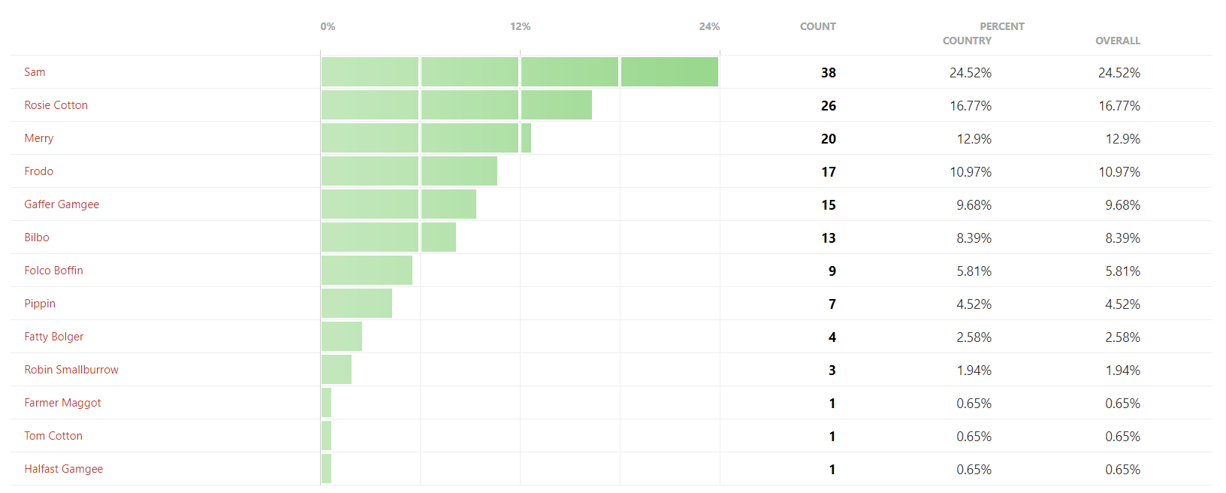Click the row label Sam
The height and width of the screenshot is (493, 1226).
coord(35,72)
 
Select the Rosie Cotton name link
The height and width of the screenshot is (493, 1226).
coord(56,105)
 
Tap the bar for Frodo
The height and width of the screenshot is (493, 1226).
coord(409,171)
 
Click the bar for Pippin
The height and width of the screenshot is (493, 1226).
coord(357,304)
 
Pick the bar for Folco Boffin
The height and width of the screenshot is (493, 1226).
coord(367,271)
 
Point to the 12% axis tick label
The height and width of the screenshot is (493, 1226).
coord(520,26)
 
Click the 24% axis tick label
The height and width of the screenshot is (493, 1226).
coord(709,26)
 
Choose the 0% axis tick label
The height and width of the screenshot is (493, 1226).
coord(328,26)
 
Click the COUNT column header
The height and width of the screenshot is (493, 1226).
coord(817,26)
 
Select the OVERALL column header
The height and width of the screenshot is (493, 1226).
coord(1117,41)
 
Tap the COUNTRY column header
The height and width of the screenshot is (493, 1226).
coord(967,41)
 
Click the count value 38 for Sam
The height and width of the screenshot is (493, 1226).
coord(828,73)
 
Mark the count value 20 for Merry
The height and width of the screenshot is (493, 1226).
coord(828,139)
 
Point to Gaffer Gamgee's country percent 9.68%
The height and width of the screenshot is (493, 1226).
coord(974,205)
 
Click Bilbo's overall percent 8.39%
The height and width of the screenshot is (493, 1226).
coord(1122,238)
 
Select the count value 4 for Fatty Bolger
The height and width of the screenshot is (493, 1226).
coord(832,337)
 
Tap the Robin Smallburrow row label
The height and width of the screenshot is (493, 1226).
coord(71,370)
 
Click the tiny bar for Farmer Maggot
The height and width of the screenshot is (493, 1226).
coord(326,403)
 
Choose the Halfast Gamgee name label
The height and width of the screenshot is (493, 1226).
coord(63,469)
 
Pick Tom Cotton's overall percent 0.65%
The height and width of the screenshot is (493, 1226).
coord(1122,437)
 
